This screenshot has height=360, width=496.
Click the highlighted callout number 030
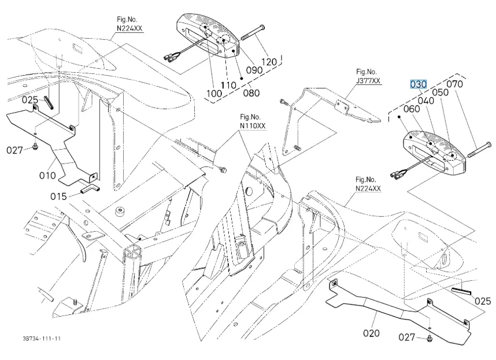click(x=418, y=84)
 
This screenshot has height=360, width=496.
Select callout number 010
click(x=47, y=175)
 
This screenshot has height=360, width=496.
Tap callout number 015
click(x=58, y=196)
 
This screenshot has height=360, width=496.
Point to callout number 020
click(x=371, y=333)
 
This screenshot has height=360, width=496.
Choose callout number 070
click(x=455, y=84)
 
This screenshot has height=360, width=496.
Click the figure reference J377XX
click(x=368, y=80)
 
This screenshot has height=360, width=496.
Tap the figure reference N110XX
click(x=253, y=125)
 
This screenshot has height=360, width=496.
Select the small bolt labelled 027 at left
click(x=35, y=146)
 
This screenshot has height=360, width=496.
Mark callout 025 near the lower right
click(x=482, y=301)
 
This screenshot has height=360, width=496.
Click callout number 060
click(x=412, y=108)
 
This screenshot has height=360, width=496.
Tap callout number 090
click(x=254, y=69)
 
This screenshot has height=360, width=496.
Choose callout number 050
click(x=440, y=92)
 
